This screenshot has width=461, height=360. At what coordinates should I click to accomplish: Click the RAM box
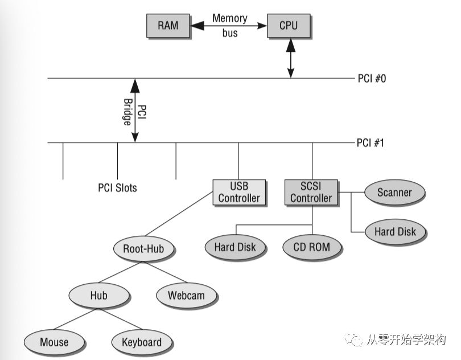[167, 26]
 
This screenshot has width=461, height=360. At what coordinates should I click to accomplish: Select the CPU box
[289, 26]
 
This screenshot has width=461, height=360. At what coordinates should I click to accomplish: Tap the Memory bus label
[229, 25]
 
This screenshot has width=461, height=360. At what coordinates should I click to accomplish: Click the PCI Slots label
[117, 187]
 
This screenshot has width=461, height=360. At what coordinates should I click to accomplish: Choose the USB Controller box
[239, 193]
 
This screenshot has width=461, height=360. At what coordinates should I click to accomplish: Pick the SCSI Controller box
[311, 193]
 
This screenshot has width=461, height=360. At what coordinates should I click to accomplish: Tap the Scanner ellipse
[394, 192]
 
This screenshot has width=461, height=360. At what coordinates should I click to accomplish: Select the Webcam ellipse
[186, 296]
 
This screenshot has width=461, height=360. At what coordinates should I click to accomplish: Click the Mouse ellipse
[54, 342]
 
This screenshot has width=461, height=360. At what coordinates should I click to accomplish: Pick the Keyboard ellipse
[142, 342]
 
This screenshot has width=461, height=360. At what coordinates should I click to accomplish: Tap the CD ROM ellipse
[313, 247]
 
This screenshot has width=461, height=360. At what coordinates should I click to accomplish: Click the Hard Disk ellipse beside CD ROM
[235, 247]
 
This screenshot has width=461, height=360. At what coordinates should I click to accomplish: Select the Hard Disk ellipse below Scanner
[395, 231]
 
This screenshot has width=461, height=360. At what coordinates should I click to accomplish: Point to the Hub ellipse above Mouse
[98, 296]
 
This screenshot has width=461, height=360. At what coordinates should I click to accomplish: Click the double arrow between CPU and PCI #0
[291, 58]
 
